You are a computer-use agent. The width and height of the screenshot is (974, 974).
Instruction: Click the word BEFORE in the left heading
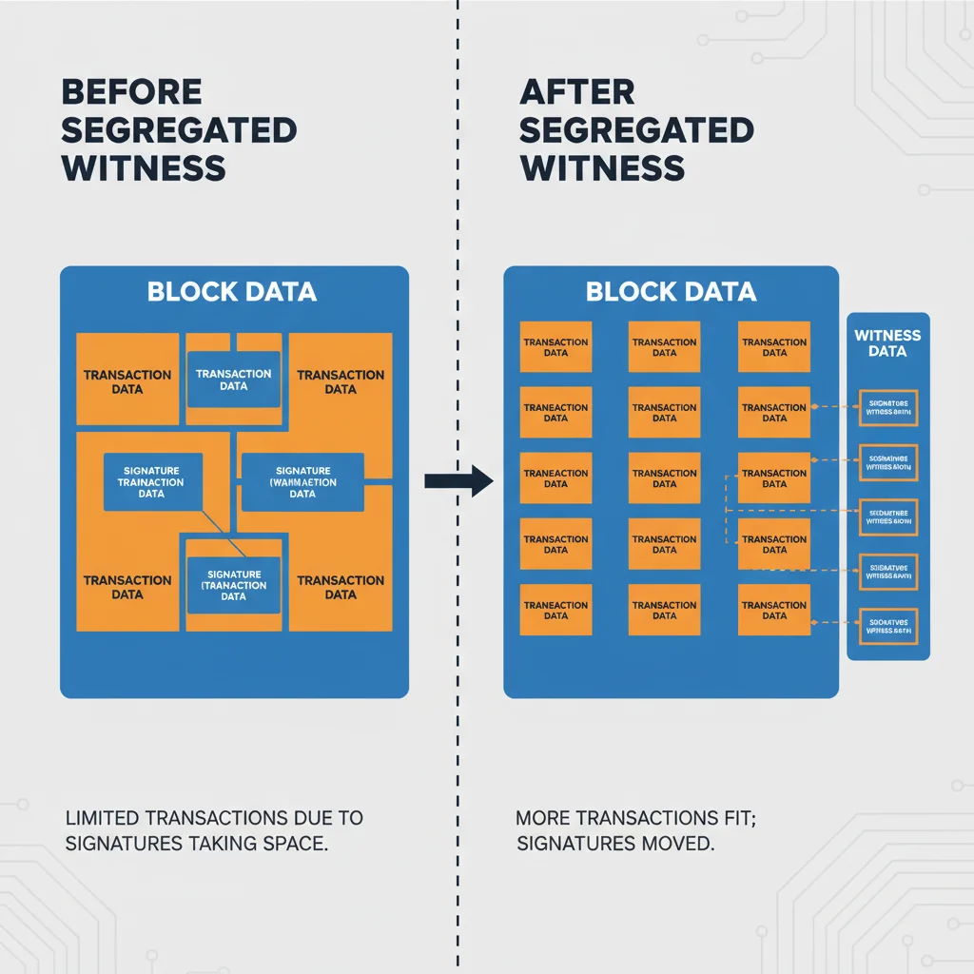pyautogui.click(x=131, y=92)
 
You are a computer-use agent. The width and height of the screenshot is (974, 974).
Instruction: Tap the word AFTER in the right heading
pyautogui.click(x=577, y=92)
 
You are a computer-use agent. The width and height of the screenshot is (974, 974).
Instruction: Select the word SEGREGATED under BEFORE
pyautogui.click(x=179, y=129)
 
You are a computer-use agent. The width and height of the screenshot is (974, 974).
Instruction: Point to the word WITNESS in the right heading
pyautogui.click(x=602, y=167)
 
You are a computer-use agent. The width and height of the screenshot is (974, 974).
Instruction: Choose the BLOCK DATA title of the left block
pyautogui.click(x=233, y=291)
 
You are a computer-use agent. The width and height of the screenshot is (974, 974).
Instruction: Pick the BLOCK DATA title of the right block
pyautogui.click(x=672, y=291)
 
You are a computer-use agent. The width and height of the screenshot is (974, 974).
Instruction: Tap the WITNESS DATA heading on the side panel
pyautogui.click(x=887, y=342)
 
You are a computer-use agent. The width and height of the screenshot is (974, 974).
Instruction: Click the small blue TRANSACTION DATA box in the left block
pyautogui.click(x=233, y=380)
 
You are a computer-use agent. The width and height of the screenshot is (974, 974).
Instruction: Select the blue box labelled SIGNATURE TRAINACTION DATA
pyautogui.click(x=152, y=482)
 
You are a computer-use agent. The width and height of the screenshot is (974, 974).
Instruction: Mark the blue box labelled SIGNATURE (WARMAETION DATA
pyautogui.click(x=302, y=481)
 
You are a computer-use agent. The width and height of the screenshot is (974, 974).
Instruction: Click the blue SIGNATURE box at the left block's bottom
pyautogui.click(x=233, y=585)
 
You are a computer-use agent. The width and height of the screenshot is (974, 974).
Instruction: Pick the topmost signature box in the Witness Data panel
pyautogui.click(x=888, y=408)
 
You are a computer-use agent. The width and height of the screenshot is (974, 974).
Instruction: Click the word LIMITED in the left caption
pyautogui.click(x=102, y=818)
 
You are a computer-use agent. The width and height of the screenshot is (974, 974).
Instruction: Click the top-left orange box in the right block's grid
pyautogui.click(x=556, y=347)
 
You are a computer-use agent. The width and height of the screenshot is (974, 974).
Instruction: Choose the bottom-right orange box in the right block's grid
pyautogui.click(x=774, y=610)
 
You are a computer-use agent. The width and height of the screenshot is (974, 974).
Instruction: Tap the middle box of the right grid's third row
pyautogui.click(x=665, y=478)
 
